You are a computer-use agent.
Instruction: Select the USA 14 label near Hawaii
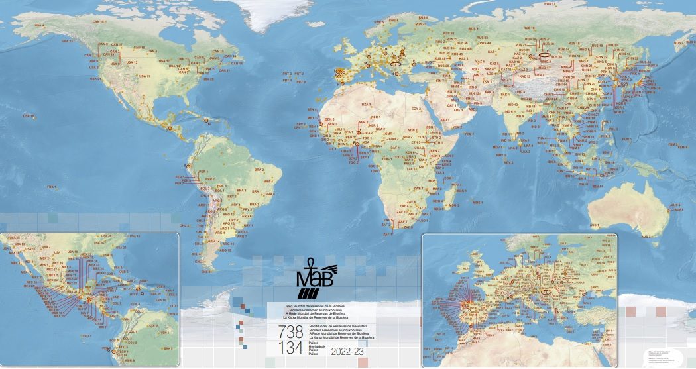[28, 116]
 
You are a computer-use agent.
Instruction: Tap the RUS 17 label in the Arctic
[550, 5]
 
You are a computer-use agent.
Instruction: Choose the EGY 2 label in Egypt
[416, 109]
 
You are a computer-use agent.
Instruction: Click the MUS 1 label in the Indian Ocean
[479, 202]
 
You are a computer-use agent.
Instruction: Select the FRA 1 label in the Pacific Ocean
[50, 187]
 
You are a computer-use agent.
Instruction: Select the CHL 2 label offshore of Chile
[185, 225]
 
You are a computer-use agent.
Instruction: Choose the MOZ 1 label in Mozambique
[434, 180]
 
